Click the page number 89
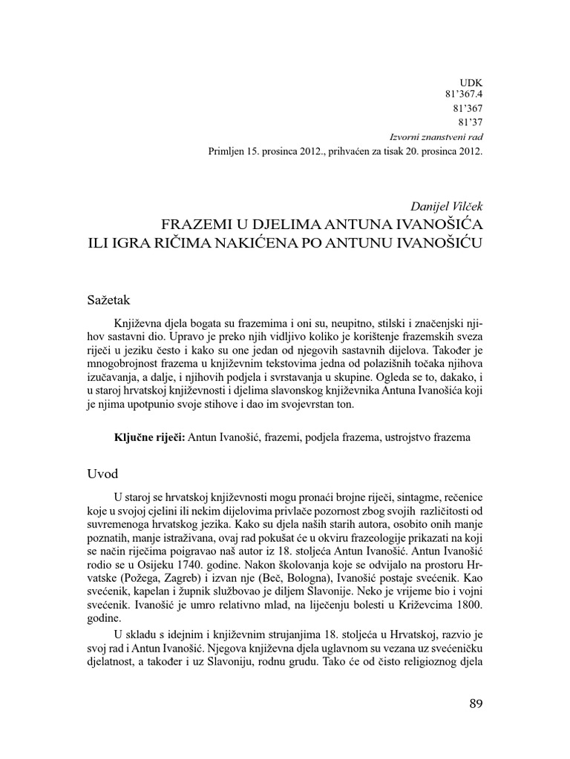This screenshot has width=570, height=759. (x=476, y=703)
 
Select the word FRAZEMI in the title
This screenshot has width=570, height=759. (x=194, y=222)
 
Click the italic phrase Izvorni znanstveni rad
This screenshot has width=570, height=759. (x=436, y=138)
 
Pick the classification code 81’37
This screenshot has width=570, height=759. (x=467, y=124)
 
